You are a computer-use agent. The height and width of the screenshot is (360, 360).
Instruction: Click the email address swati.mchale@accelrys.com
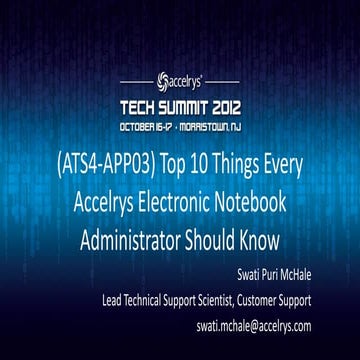click(x=263, y=326)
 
